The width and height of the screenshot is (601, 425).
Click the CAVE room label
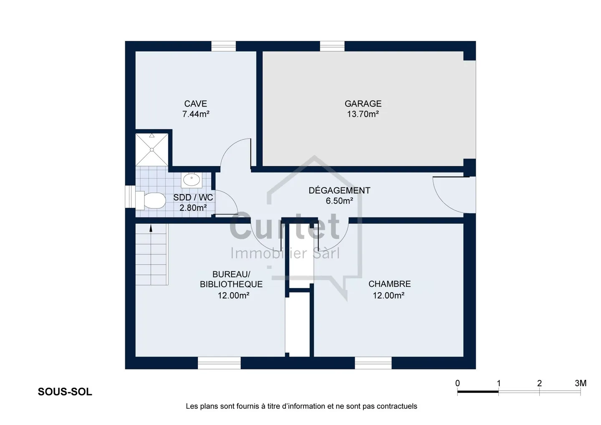196,104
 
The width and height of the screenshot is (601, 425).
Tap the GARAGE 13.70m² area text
363,114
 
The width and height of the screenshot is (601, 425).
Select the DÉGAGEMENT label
339,190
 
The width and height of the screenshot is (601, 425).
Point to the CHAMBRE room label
389,284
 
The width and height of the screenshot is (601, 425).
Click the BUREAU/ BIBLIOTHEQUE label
231,279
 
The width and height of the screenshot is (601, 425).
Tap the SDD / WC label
193,197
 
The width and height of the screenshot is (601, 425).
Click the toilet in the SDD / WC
150,200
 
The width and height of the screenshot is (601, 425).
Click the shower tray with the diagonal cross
152,149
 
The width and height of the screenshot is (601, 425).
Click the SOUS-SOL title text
65,392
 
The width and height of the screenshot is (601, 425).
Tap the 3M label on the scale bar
581,383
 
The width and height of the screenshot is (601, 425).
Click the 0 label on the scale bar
457,383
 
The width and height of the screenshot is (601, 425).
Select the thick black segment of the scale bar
478,392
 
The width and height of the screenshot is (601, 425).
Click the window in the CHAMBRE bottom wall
373,363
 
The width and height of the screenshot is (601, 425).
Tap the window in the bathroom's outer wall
130,197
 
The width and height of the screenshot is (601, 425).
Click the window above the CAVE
224,46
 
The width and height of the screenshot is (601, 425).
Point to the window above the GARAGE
332,46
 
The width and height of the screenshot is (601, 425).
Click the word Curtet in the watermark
284,226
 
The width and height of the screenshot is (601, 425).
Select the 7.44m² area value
196,114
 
